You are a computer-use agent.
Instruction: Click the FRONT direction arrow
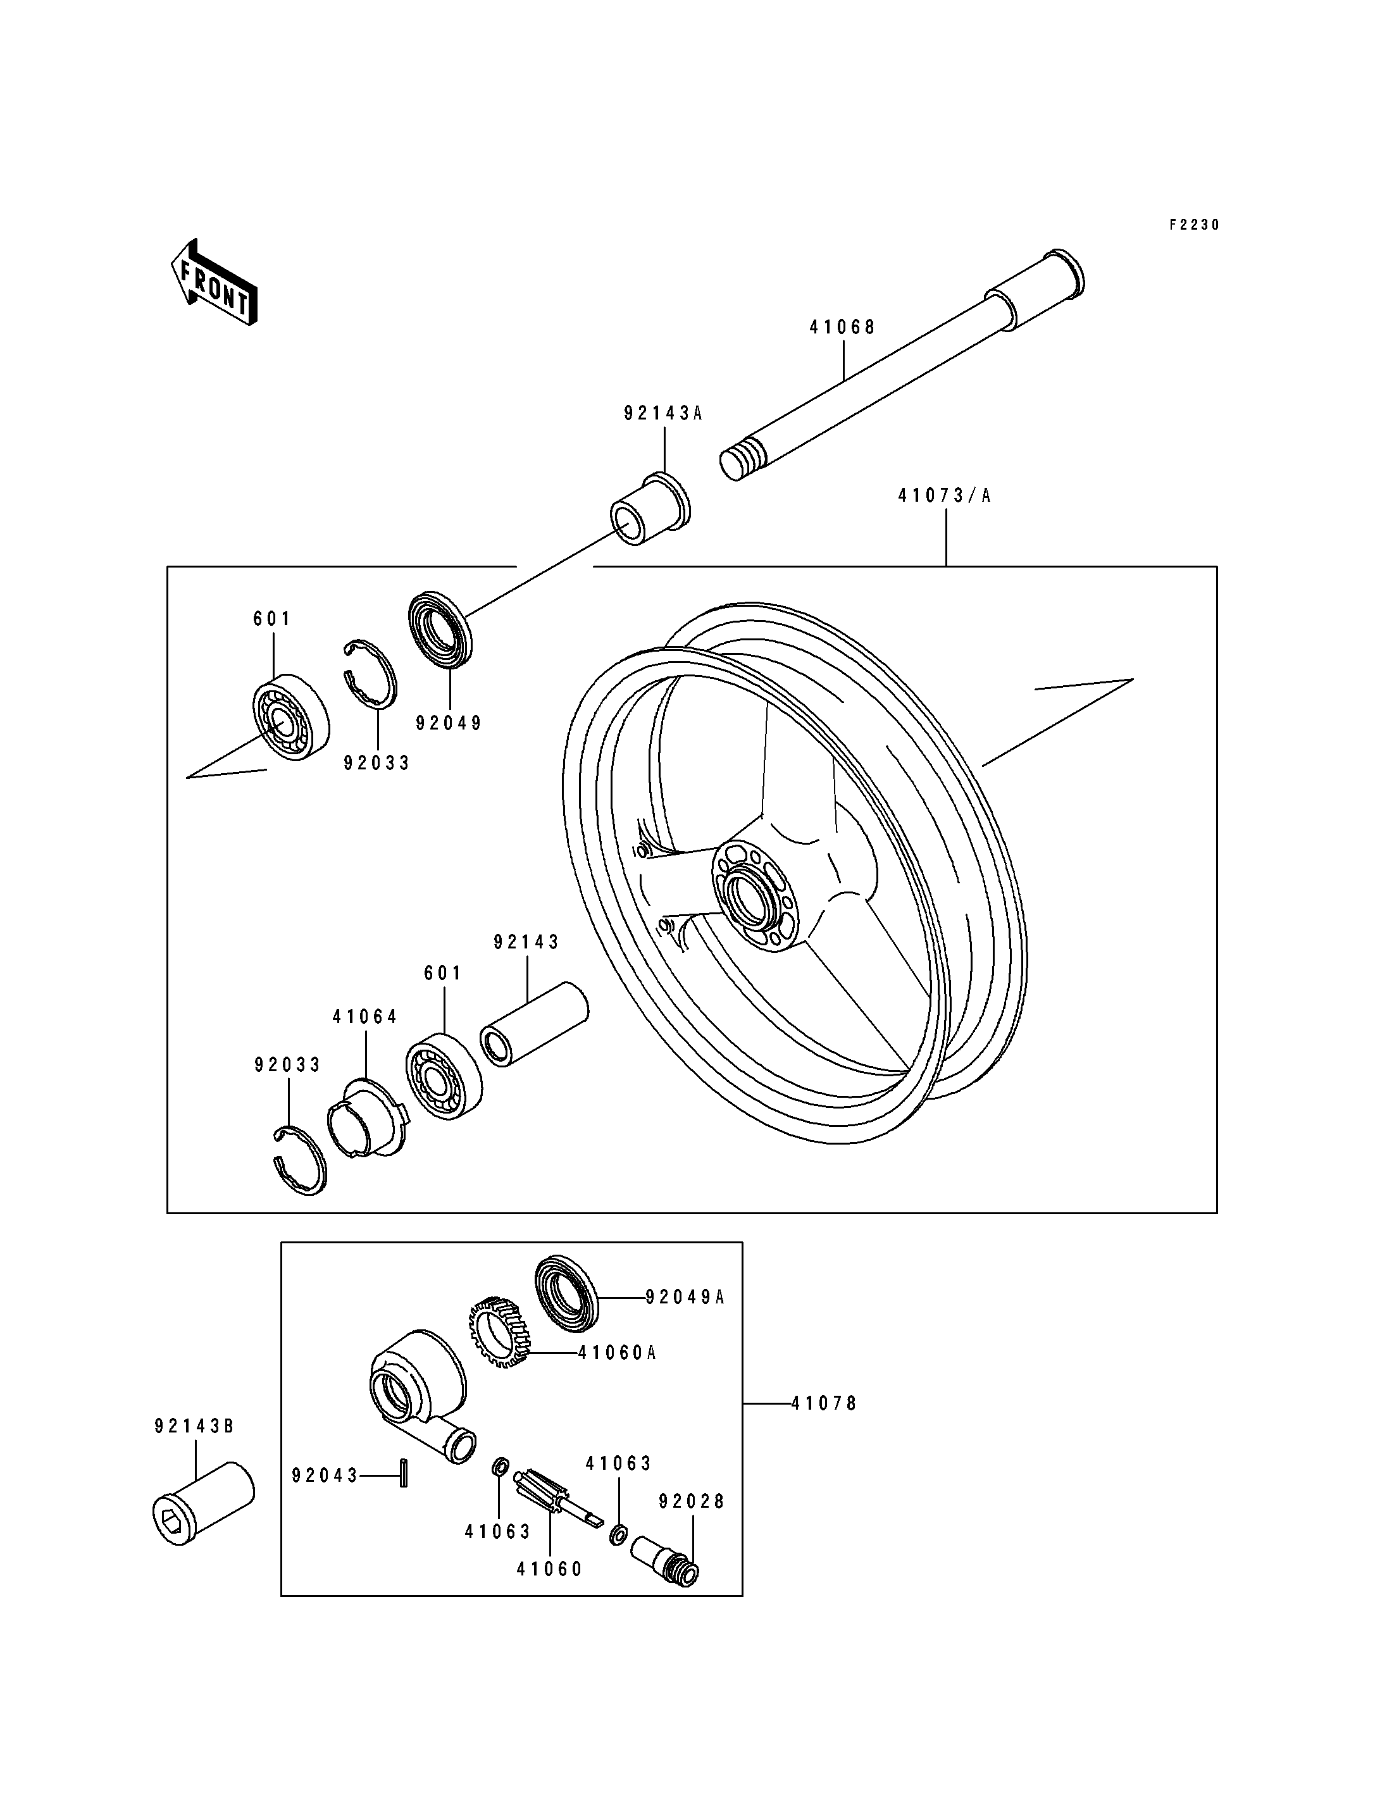214,282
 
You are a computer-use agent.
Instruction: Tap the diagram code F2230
1194,225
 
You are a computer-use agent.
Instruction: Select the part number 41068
842,327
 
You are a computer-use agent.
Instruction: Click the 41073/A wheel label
945,496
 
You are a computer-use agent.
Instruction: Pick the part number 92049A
685,1297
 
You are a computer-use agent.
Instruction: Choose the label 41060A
617,1353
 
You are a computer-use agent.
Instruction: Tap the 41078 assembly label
824,1403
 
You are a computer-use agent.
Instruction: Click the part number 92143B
195,1426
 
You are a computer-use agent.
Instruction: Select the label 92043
325,1475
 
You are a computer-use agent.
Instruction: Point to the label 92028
692,1502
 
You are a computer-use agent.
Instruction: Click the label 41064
365,1017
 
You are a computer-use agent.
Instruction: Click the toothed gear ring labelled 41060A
498,1334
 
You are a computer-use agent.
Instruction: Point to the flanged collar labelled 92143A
649,509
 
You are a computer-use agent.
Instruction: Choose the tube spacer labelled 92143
534,1024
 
